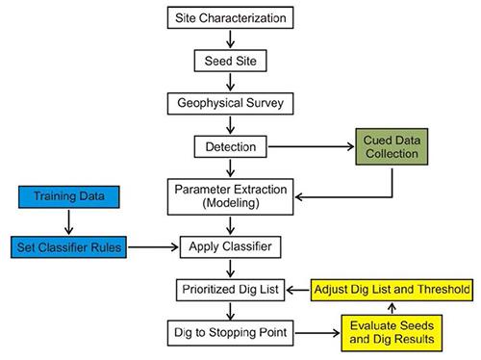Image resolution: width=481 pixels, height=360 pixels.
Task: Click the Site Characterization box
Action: (230, 18)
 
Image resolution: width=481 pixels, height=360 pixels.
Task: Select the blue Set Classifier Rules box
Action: (68, 247)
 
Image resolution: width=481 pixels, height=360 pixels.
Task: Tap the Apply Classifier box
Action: (230, 247)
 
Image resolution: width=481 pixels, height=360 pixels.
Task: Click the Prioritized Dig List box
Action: (230, 290)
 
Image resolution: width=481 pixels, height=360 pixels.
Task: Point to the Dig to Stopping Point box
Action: (230, 333)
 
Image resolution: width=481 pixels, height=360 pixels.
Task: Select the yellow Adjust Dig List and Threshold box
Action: (390, 289)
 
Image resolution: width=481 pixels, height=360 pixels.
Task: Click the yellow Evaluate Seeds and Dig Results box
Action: (390, 333)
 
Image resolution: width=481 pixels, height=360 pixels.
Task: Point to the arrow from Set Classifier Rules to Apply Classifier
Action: (153, 247)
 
